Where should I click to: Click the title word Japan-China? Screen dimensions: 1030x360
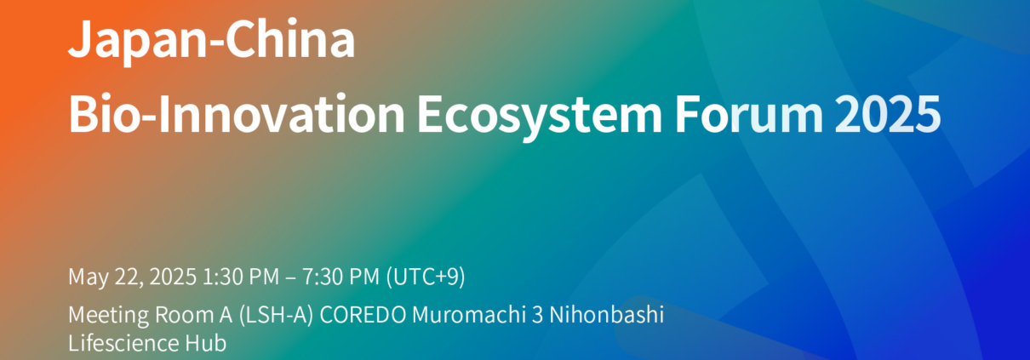[x=211, y=41]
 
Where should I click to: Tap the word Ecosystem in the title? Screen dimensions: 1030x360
[x=540, y=117]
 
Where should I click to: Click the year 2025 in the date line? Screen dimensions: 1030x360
[x=173, y=277]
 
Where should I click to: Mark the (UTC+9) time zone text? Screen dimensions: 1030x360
[x=426, y=277]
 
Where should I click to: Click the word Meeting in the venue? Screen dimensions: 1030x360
[x=108, y=315]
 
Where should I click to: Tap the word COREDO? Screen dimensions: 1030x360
[x=363, y=316]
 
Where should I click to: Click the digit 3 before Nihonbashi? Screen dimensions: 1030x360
[x=537, y=316]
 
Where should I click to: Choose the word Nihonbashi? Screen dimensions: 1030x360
[x=606, y=315]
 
